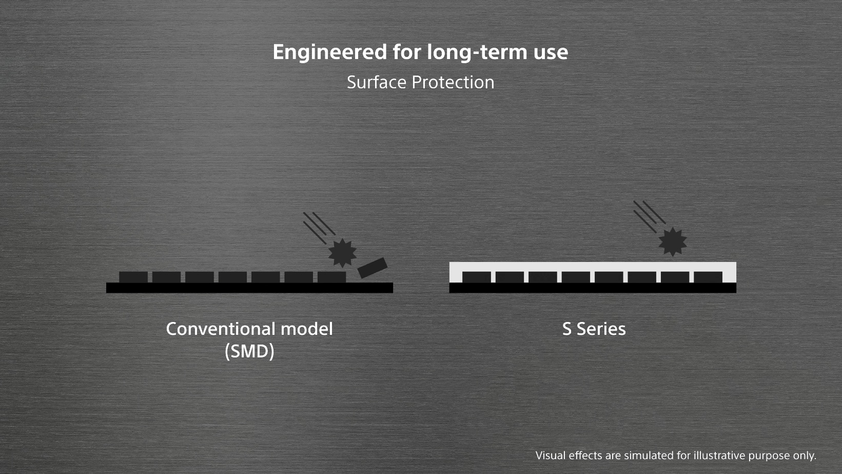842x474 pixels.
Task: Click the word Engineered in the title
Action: coord(329,53)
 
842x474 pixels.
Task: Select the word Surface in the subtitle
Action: coord(376,82)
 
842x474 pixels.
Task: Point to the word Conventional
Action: coord(220,329)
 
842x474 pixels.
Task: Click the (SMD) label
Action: coord(249,352)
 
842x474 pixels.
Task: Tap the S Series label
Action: coord(594,329)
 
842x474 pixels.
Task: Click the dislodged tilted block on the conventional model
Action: coord(372,268)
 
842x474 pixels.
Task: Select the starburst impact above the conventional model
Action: coord(342,253)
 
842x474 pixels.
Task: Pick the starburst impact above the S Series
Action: coord(673,241)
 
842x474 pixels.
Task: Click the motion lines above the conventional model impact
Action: coord(319,227)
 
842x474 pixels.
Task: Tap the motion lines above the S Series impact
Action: coord(650,216)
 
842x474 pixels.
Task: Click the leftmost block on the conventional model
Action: coord(133,277)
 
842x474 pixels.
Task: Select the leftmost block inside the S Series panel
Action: coord(477,277)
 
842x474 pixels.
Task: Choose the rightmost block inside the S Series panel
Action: coord(708,277)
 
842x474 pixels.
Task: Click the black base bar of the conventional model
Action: coord(249,288)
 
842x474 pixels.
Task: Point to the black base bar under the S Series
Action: coord(593,288)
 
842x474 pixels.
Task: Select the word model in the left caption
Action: coord(307,329)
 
